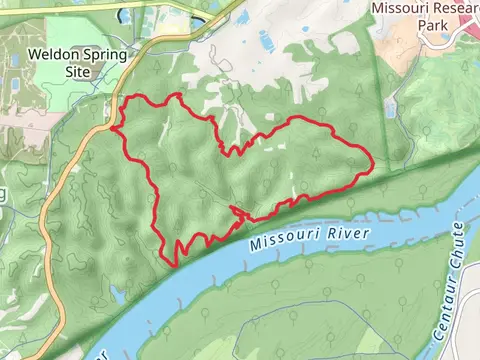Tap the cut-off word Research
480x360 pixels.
(455, 7)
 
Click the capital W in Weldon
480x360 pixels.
(34, 54)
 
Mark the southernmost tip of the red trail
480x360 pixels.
(175, 264)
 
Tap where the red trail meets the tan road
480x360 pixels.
(117, 127)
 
